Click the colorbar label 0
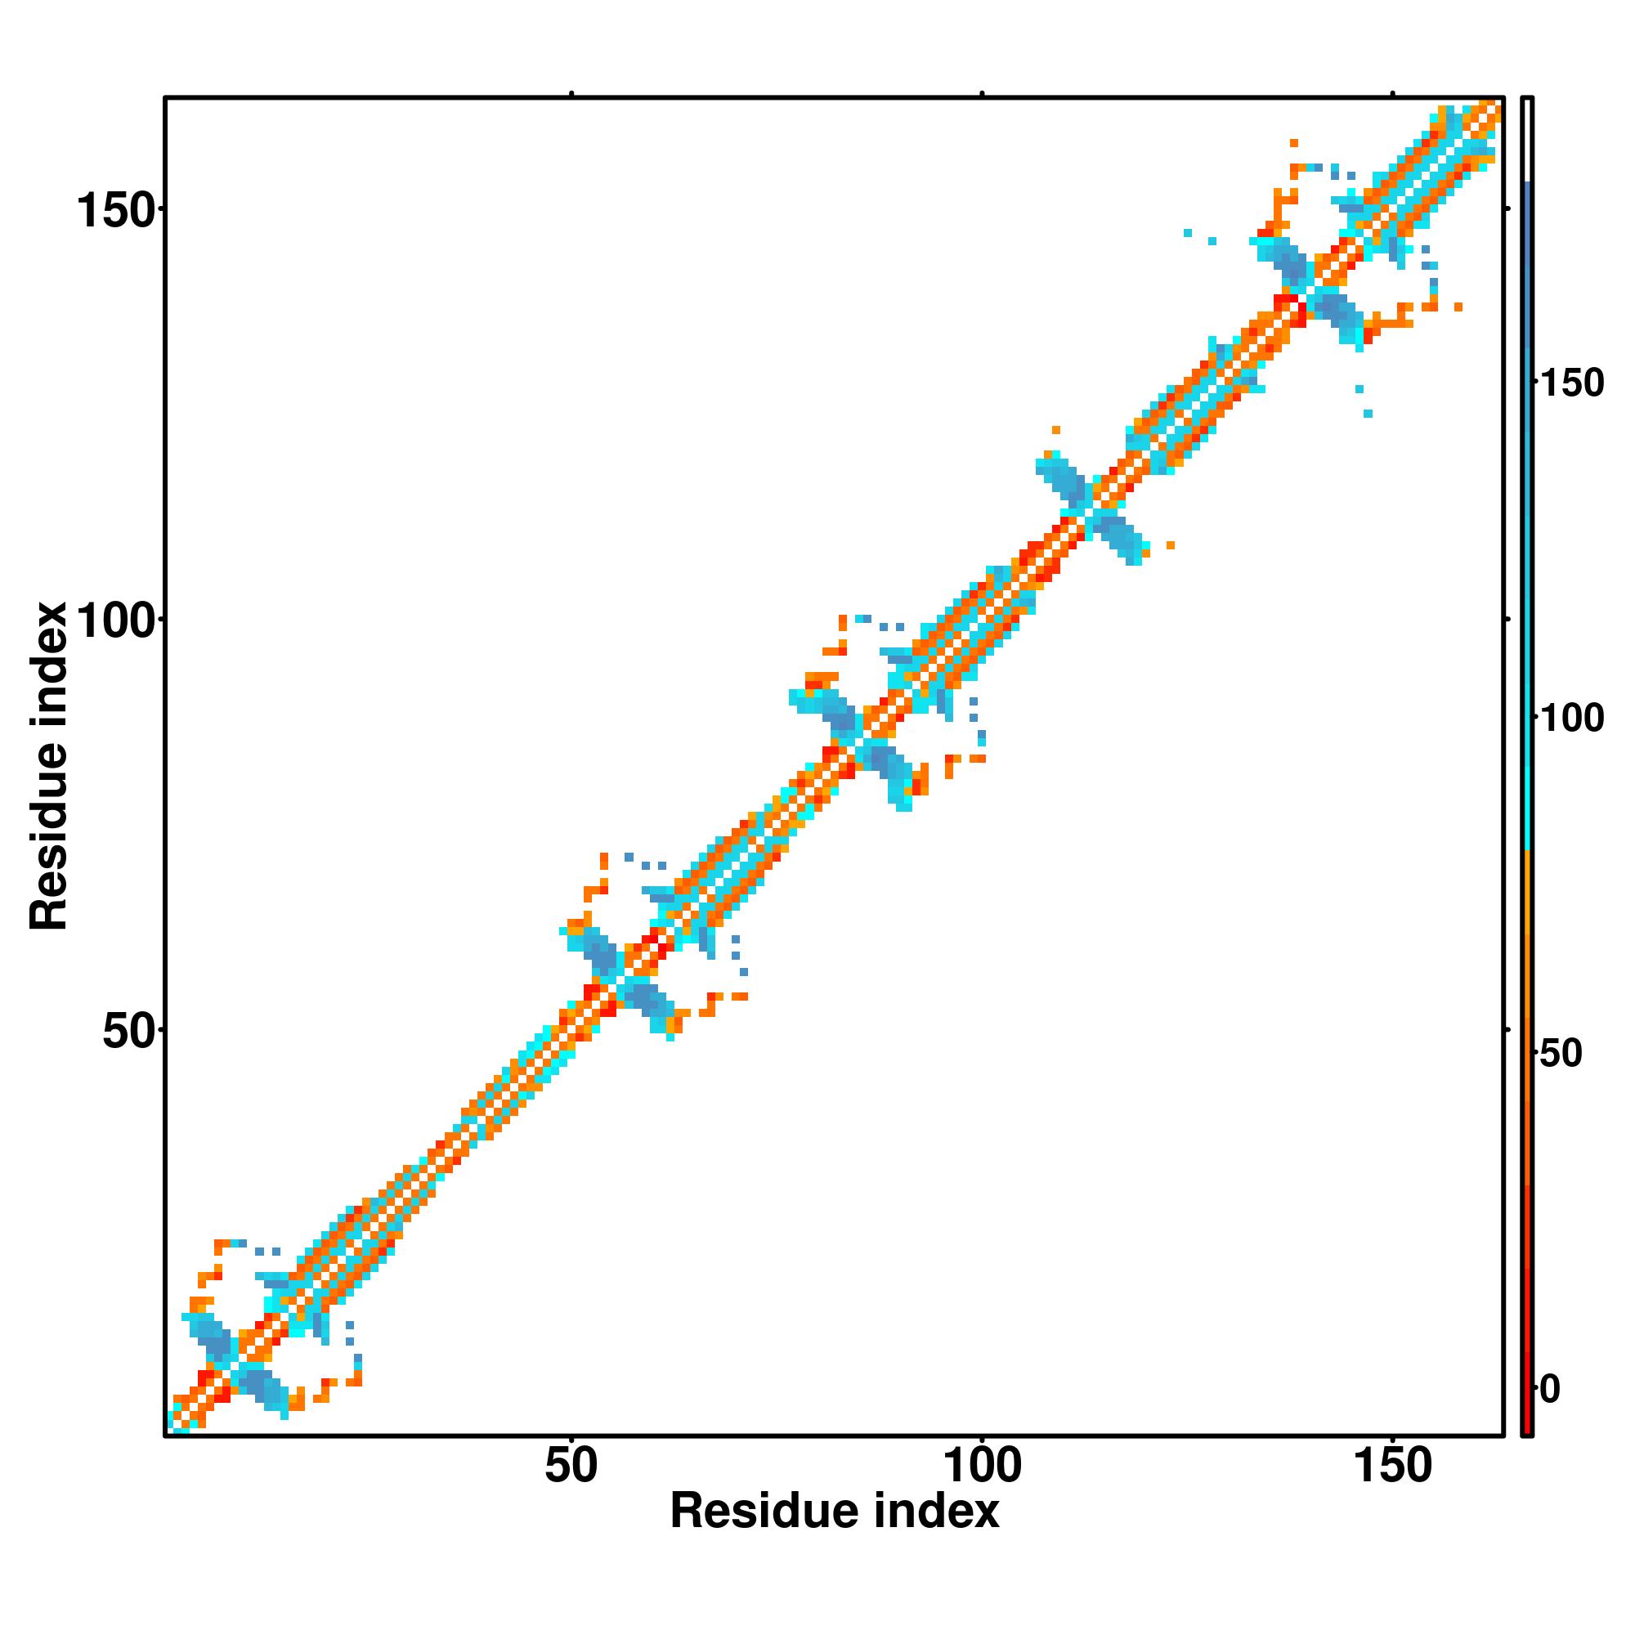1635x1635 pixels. pos(1550,1389)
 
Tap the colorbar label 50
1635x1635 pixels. pos(1561,1054)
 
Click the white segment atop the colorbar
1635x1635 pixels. pos(1528,140)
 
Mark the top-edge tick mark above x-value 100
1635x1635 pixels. pos(982,94)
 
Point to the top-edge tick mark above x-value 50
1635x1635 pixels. pos(571,94)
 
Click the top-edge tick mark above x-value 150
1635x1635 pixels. pos(1393,94)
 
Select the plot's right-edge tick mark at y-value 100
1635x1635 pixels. pos(1508,620)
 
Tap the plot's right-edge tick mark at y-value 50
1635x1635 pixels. pos(1508,1030)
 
